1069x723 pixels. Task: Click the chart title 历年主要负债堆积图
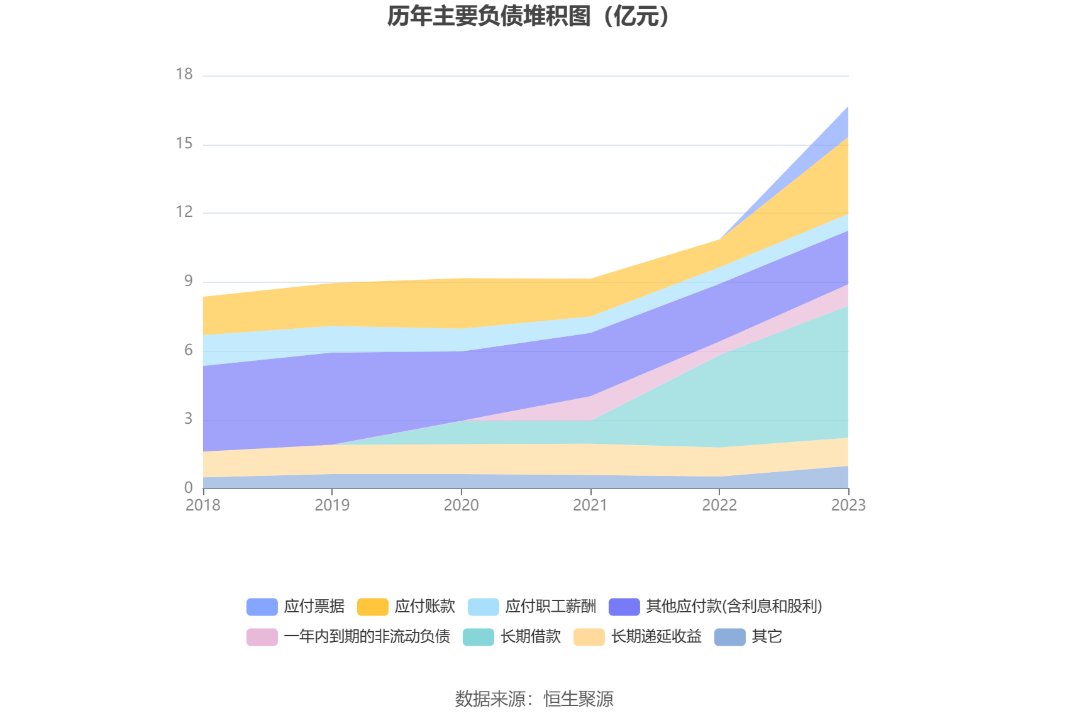[529, 16]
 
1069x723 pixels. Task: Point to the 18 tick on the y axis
[184, 74]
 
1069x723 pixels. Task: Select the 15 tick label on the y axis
[184, 143]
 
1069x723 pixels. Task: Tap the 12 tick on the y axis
[184, 212]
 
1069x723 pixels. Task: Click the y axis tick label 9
[188, 281]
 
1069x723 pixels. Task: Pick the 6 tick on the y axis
[188, 350]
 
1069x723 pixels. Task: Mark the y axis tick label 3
[188, 419]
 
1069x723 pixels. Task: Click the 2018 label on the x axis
[203, 505]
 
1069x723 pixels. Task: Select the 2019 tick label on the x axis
[332, 505]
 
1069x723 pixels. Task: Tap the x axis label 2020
[461, 505]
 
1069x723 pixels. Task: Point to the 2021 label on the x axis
[590, 505]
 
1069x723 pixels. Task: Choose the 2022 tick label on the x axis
[719, 505]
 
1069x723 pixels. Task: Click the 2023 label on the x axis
[848, 505]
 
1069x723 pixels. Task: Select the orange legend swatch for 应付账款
[372, 607]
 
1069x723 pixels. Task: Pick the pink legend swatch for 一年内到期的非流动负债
[262, 637]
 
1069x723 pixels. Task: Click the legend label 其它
[767, 636]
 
